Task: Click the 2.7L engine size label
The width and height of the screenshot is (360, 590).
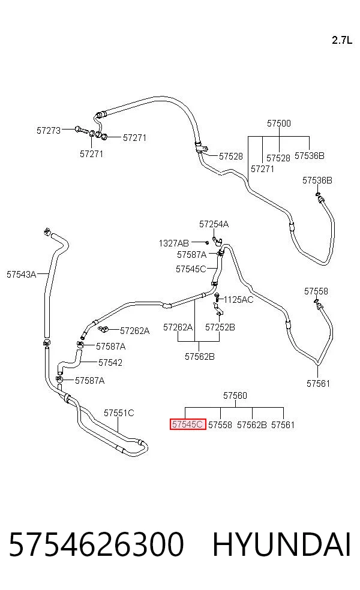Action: (x=342, y=40)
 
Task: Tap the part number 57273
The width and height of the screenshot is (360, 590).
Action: (x=49, y=131)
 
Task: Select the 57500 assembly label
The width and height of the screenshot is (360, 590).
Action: (x=279, y=124)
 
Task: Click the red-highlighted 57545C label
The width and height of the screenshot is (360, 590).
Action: (x=188, y=425)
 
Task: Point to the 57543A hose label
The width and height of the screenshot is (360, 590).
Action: (x=21, y=274)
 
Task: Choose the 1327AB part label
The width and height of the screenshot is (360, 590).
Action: (x=173, y=243)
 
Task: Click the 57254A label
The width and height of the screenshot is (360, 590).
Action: (x=214, y=224)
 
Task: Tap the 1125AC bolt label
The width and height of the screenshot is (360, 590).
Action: (x=238, y=300)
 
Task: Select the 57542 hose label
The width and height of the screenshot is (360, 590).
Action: (x=110, y=362)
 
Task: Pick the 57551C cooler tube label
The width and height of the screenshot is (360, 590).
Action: (x=119, y=413)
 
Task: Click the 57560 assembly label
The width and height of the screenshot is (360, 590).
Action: (x=235, y=396)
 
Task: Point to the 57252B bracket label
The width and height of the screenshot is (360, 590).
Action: (x=220, y=327)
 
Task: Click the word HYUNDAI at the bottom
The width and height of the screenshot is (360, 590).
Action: (x=281, y=545)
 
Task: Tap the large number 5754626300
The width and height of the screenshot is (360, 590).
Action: (x=97, y=545)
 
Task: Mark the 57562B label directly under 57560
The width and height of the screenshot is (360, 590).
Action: (x=252, y=425)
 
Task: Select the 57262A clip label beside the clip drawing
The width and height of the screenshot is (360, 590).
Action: (x=135, y=331)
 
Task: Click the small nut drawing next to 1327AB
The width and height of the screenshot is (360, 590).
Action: (x=207, y=243)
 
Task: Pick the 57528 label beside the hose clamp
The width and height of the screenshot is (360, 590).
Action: (x=231, y=156)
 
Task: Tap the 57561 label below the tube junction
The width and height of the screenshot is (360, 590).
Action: (x=318, y=383)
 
